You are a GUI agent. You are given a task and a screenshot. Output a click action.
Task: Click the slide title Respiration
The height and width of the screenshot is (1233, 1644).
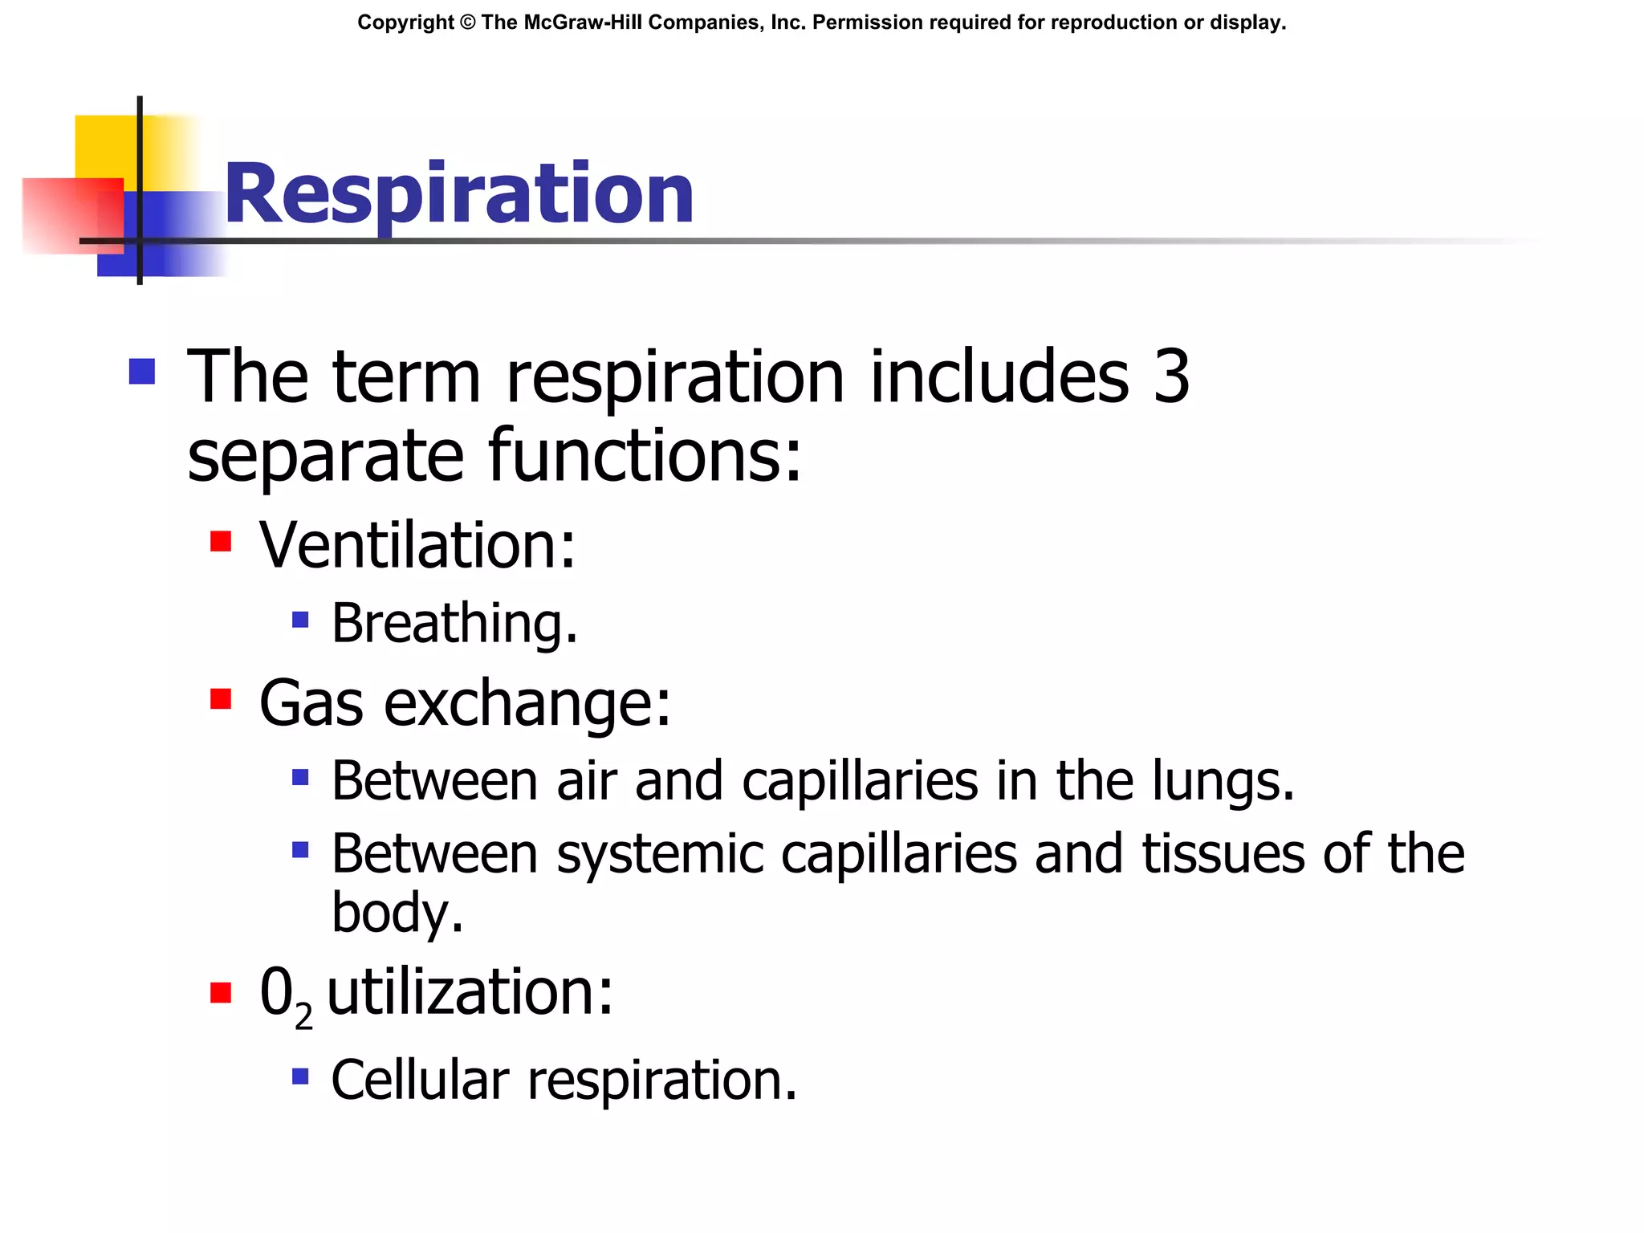(x=458, y=195)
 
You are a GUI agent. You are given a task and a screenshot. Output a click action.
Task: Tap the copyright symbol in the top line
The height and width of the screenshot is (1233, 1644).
(x=468, y=22)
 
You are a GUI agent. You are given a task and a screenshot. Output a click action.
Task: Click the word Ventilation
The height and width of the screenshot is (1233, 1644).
(x=417, y=545)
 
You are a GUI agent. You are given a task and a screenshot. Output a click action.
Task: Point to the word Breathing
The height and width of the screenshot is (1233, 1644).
(x=454, y=623)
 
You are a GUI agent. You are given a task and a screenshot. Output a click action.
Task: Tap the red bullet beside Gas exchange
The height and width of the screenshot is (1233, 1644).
(x=221, y=699)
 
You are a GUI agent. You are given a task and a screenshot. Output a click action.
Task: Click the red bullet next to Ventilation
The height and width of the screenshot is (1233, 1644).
(x=221, y=542)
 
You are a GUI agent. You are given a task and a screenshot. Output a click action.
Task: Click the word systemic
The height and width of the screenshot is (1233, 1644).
(x=659, y=853)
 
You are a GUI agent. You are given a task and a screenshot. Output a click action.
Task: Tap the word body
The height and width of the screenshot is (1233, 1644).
(x=397, y=913)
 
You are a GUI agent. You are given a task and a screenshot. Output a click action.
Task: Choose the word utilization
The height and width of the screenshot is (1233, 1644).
(x=470, y=992)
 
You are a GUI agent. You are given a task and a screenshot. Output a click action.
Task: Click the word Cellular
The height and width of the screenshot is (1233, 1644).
(x=420, y=1080)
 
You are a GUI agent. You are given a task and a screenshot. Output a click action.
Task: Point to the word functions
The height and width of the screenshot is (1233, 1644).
(x=645, y=455)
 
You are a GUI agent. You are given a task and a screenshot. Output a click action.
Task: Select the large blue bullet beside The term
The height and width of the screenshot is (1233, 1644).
(x=142, y=372)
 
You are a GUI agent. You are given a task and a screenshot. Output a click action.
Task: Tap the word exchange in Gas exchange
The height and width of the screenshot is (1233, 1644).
(x=527, y=703)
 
